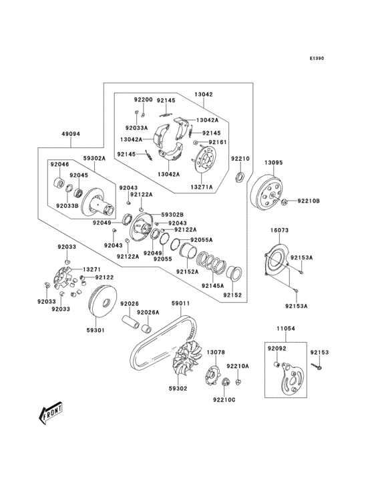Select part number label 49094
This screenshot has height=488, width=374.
71,133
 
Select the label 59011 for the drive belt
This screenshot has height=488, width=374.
180,303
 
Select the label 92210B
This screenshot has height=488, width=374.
309,201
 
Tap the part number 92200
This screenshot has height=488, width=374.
143,99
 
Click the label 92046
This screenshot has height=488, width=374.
60,163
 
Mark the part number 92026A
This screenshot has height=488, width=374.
148,312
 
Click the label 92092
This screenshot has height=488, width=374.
276,348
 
